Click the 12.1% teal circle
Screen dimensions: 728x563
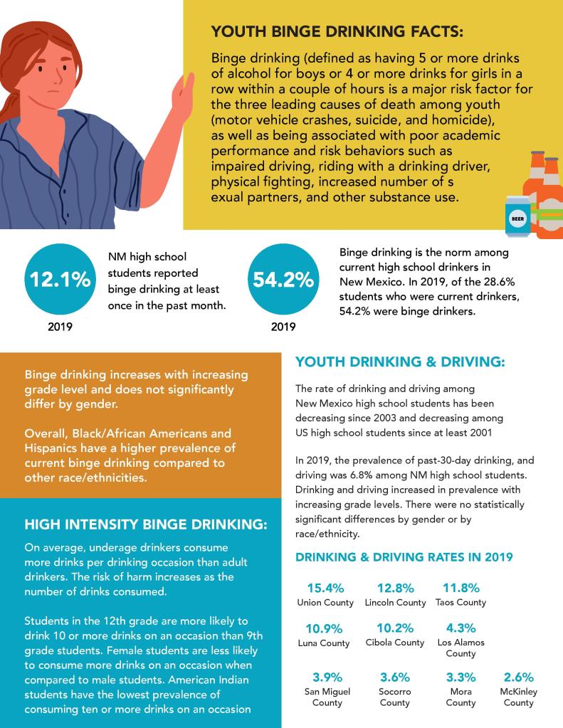click(59, 280)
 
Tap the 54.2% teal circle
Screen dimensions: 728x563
click(283, 280)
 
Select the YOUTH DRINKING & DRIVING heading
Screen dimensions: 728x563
click(399, 362)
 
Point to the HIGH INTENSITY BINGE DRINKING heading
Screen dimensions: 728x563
click(146, 525)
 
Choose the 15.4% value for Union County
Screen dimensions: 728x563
click(325, 588)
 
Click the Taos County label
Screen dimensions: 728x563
click(461, 603)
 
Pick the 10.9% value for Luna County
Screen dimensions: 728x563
click(325, 628)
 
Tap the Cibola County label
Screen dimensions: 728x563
click(395, 643)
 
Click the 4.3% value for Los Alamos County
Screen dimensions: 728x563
click(461, 628)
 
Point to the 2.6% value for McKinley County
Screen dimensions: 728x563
click(518, 677)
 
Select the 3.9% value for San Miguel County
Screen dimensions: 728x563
click(327, 677)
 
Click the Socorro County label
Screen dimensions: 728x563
click(395, 697)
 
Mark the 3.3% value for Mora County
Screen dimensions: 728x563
click(461, 677)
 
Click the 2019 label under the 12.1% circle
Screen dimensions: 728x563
click(59, 328)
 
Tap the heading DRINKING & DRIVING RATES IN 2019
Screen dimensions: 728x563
click(404, 557)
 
